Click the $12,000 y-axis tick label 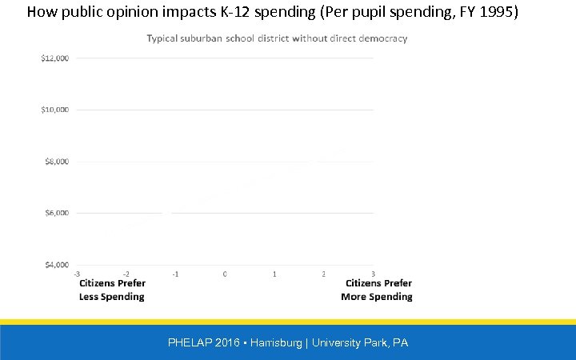[54, 58]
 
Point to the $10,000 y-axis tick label [54, 110]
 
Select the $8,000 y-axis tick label [56, 161]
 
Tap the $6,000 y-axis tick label [56, 213]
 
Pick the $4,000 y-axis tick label [56, 264]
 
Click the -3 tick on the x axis [76, 274]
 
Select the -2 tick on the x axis [126, 274]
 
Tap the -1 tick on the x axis [175, 274]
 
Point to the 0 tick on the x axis [225, 274]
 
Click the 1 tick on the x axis [274, 274]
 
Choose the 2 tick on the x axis [324, 274]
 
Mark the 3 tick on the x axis [373, 274]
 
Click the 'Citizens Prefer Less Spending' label [112, 290]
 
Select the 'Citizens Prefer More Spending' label [377, 290]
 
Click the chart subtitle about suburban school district [277, 38]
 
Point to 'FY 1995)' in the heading [489, 12]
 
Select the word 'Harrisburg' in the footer [277, 342]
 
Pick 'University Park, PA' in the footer [360, 342]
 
